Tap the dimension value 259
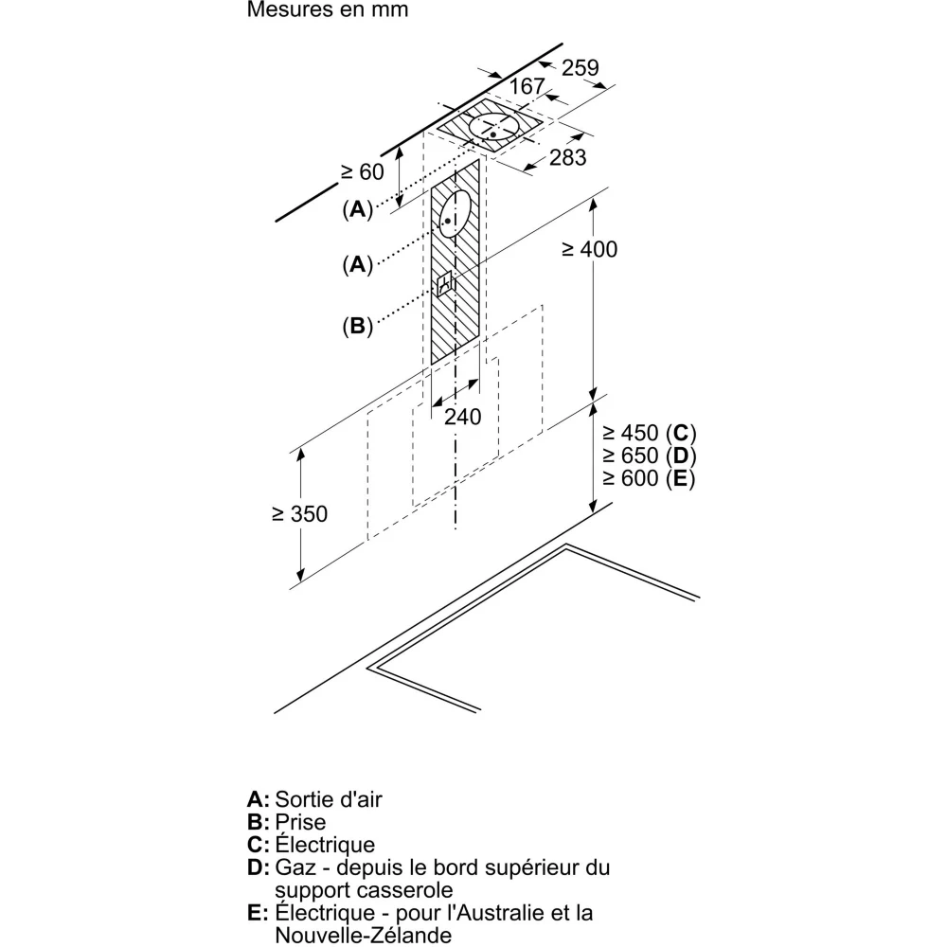point(580,67)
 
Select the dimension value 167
point(527,87)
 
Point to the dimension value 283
point(568,157)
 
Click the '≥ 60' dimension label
point(363,172)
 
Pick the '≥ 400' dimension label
point(588,249)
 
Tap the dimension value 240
point(462,416)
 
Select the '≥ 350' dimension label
point(298,514)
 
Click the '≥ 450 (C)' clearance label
point(649,434)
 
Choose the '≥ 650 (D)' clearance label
point(649,456)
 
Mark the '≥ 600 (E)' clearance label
point(649,479)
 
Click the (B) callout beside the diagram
point(357,327)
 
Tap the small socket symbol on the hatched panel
point(445,285)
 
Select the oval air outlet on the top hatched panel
point(496,130)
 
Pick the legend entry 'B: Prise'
point(286,822)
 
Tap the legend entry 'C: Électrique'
point(311,845)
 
